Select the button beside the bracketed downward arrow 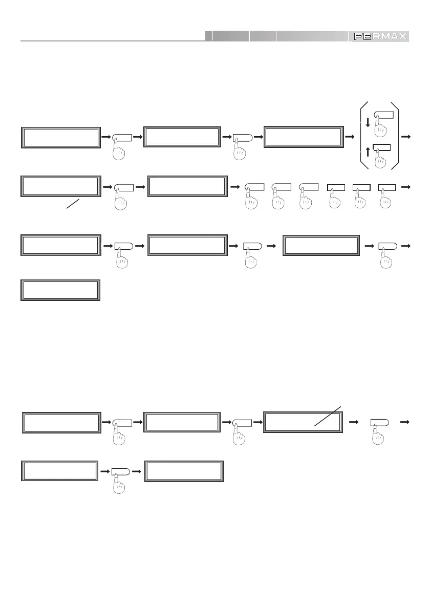point(385,115)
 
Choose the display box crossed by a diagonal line point(303,421)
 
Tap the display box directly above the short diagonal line point(60,186)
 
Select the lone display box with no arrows point(60,290)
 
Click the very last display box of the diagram point(184,471)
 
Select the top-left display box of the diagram point(60,137)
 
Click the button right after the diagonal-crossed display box point(379,422)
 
